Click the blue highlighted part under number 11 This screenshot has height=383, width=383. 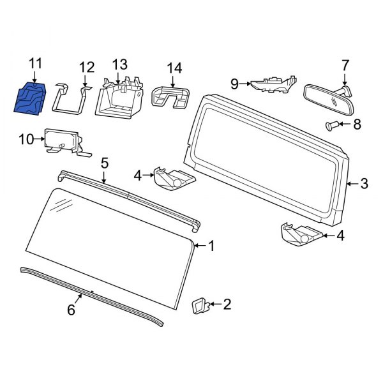coord(30,98)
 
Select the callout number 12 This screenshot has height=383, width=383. coord(86,67)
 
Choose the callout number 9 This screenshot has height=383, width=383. coord(234,83)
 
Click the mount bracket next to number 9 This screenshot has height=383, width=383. coord(273,83)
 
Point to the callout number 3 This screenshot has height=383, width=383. coord(364,184)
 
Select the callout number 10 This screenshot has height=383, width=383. coord(26,138)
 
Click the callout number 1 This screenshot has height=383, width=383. coord(212,246)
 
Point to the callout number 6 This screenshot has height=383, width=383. coord(71,310)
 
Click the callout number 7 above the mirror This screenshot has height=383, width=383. coord(345,65)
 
